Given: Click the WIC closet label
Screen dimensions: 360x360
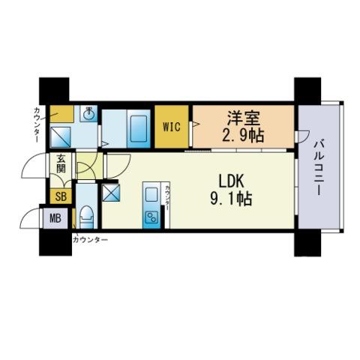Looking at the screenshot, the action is point(172,127).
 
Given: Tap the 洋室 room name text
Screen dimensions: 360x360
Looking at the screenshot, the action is point(243,118).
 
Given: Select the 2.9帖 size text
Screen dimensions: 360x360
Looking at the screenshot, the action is point(243,136).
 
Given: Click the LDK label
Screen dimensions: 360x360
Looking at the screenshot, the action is point(231,181).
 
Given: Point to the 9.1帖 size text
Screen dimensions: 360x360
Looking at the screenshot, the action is point(231,199).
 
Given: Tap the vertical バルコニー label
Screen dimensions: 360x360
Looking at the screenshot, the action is point(318,167).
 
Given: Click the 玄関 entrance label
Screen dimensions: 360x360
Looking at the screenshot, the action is point(61,163).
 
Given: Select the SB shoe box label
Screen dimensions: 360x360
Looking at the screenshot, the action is point(61,196).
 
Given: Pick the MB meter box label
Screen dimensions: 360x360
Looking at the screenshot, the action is point(55,218).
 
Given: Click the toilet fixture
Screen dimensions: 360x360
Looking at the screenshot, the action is point(86,217).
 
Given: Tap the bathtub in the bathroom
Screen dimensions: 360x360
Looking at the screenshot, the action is point(139,130).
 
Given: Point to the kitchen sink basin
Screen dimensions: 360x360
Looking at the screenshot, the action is point(151,195).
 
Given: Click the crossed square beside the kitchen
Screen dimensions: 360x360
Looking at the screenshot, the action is point(111,193).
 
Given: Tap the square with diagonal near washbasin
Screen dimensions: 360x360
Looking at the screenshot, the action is point(61,137).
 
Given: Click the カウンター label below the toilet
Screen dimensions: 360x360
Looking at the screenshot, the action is point(90,240).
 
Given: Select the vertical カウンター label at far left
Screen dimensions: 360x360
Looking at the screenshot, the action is point(37,124).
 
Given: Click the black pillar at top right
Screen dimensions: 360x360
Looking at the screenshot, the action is point(307,91).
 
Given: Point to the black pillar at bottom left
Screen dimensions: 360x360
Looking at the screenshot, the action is point(55,242).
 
